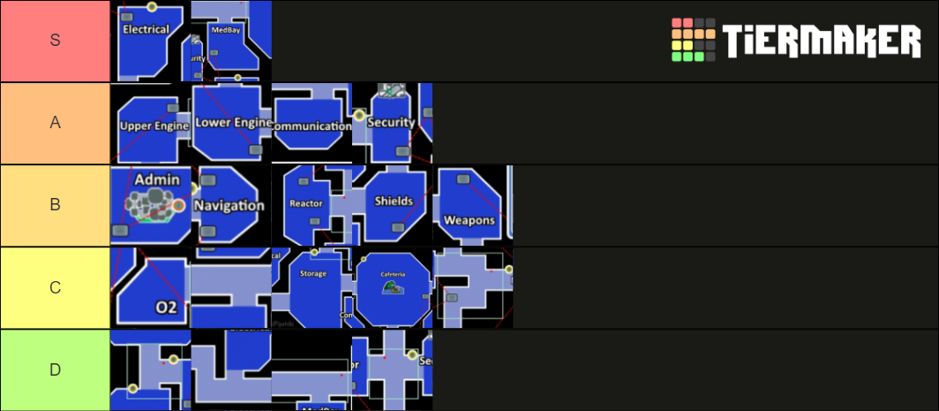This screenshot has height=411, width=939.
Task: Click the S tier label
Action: point(55,41)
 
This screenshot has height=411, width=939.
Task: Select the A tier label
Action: point(55,123)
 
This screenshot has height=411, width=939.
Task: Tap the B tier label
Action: point(55,205)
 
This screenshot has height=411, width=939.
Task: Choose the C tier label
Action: point(55,287)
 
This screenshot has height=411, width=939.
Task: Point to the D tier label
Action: point(55,369)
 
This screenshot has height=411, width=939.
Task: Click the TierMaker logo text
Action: point(821,41)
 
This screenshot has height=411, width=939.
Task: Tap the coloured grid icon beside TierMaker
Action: point(694,40)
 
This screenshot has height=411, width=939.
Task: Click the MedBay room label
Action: point(223,29)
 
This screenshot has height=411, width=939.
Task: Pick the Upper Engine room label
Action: point(154,126)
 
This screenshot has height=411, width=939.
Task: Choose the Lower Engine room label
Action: point(232,123)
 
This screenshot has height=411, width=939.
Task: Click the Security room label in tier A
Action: point(391,122)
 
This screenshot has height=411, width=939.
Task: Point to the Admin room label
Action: point(157,179)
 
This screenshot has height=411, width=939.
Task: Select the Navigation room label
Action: point(229,205)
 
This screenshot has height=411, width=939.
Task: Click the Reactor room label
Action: point(306,203)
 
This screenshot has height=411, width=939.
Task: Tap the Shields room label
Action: point(394,201)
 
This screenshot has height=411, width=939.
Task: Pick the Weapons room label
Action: point(470,220)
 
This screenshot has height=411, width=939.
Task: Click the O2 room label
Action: point(166,308)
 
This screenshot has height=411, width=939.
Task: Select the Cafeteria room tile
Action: point(392,287)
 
